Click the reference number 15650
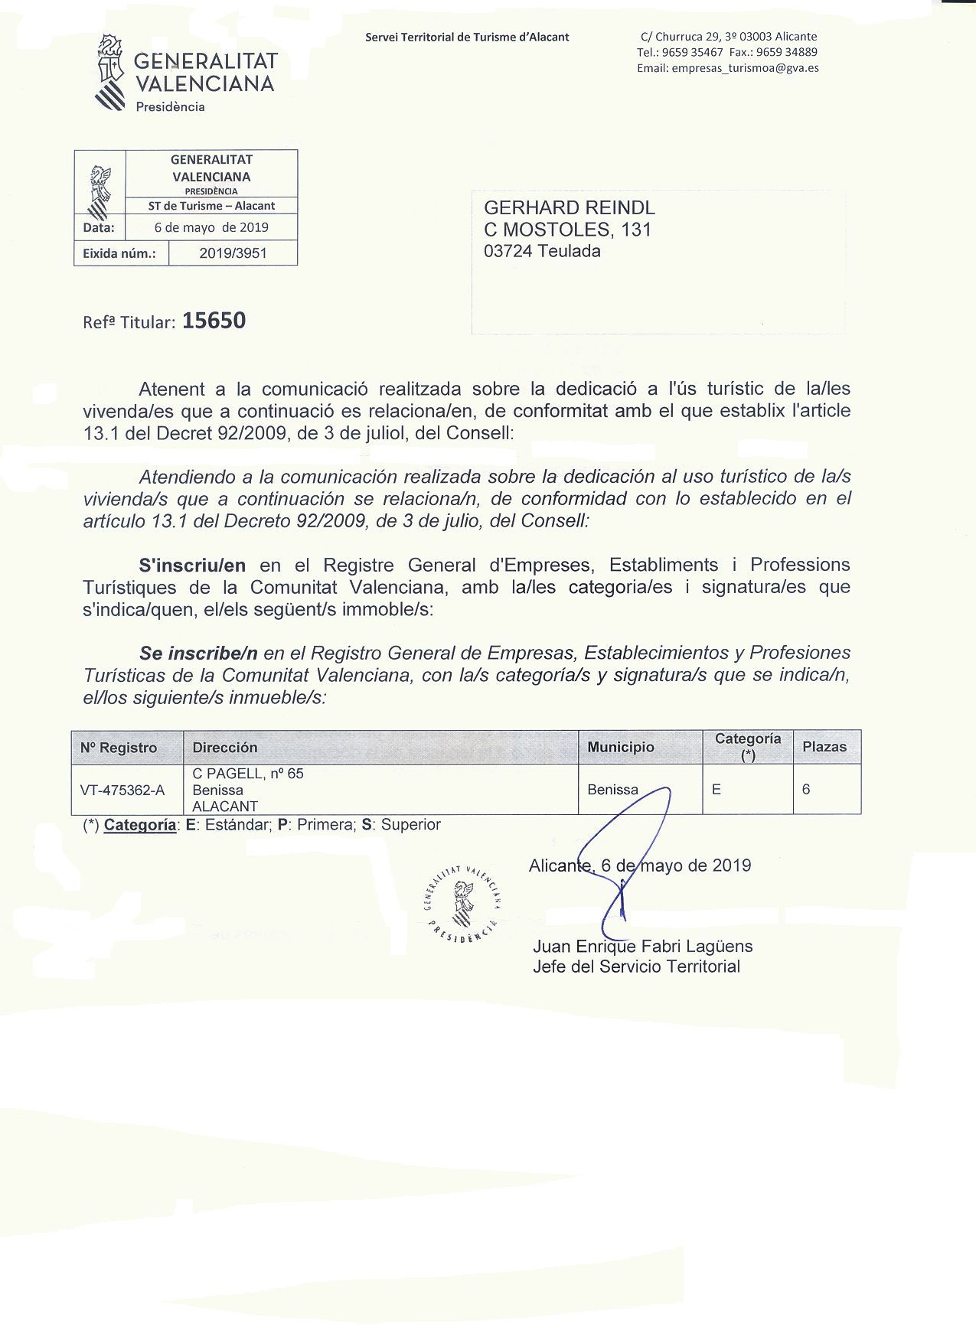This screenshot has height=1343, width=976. coord(214,321)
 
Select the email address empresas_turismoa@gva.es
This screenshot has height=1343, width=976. coord(745,68)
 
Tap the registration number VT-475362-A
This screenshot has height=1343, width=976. coord(122,790)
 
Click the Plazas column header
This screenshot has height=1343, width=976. coord(824,747)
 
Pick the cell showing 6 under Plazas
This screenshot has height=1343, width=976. coord(806,789)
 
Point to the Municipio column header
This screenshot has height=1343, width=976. coord(621,747)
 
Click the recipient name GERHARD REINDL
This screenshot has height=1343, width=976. coord(570,208)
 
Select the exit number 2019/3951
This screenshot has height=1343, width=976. coord(233,253)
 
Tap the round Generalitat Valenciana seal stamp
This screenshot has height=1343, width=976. coord(462,902)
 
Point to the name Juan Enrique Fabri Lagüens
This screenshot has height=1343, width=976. coord(643,947)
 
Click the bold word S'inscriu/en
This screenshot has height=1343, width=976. coord(192,566)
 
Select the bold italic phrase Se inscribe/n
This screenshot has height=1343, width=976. coord(198,654)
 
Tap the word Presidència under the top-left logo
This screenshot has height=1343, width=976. coord(170,107)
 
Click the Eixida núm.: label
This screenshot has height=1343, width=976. coord(119,253)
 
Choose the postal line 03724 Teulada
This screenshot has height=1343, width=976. coord(542,251)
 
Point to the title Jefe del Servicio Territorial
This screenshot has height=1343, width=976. coord(636,967)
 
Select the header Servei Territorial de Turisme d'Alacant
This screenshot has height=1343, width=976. coord(467,37)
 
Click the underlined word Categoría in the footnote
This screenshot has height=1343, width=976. coord(139,825)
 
